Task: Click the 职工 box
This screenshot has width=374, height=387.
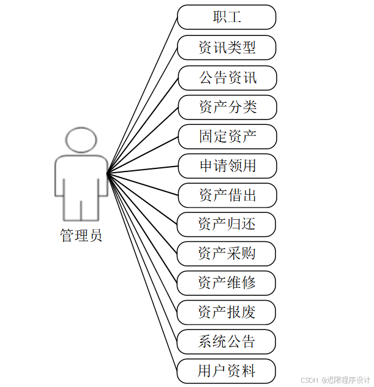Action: click(226, 17)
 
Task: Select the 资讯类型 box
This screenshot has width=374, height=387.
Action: click(226, 47)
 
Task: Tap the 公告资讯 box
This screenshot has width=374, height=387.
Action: click(227, 77)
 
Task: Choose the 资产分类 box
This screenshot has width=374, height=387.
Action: click(227, 107)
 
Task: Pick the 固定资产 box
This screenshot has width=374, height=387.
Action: click(227, 137)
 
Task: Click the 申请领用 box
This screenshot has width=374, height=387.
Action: click(227, 166)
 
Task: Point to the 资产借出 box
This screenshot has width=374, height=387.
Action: click(227, 195)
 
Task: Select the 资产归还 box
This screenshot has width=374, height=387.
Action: click(226, 224)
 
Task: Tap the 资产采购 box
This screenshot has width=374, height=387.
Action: click(226, 254)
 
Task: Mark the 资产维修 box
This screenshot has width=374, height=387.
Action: click(226, 283)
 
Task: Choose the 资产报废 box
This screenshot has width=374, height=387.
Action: click(226, 312)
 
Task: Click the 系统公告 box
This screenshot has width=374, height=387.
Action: click(226, 342)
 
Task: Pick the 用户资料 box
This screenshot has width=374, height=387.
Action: click(226, 371)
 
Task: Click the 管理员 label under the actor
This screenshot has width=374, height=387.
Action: click(81, 235)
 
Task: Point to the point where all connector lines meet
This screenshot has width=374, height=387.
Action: click(108, 173)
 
